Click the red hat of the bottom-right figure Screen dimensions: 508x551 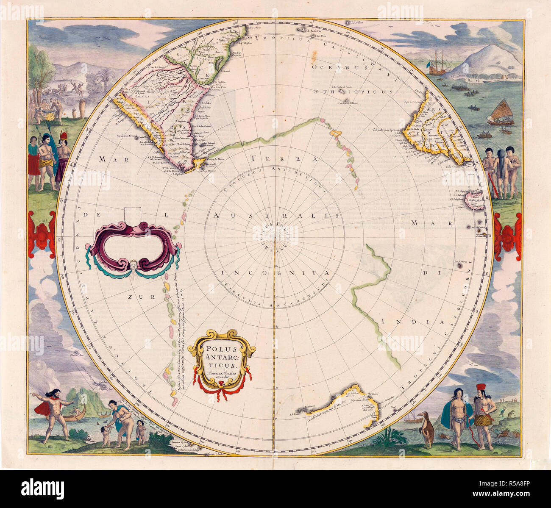pyautogui.click(x=481, y=389)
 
